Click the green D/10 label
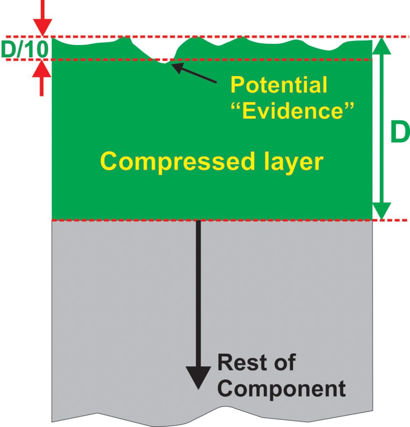click(25, 49)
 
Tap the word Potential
click(278, 85)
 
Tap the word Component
click(281, 389)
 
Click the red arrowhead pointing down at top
click(42, 27)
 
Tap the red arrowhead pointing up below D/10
click(42, 69)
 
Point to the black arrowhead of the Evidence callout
click(177, 67)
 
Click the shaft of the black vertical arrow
click(198, 292)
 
